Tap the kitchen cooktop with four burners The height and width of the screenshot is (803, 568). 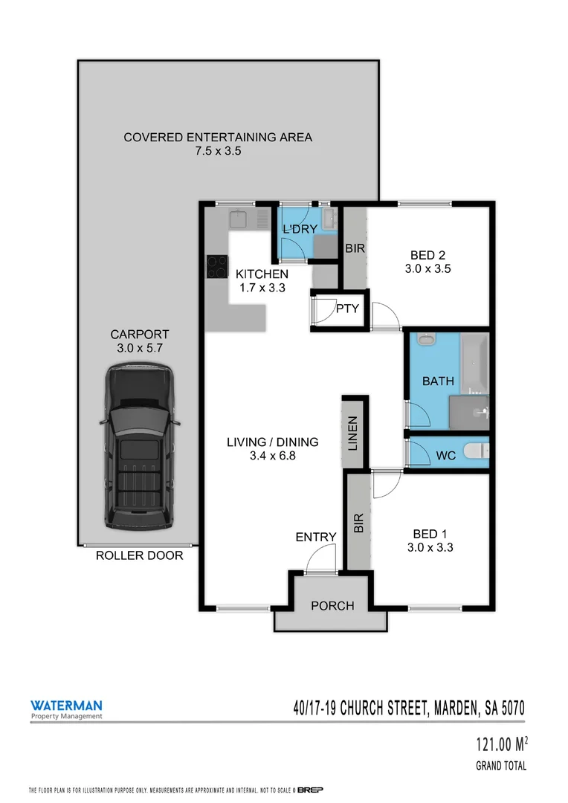(217, 266)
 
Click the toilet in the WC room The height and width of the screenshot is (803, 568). (474, 451)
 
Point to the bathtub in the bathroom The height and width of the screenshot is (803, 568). (474, 364)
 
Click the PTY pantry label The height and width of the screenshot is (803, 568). (347, 309)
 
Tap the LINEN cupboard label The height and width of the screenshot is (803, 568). (353, 435)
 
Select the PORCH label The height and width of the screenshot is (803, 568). (332, 606)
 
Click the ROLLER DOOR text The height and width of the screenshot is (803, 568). (139, 555)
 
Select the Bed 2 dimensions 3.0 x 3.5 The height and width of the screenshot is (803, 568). (427, 269)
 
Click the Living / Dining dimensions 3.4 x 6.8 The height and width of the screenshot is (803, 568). (272, 457)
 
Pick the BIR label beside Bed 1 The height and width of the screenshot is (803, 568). (359, 523)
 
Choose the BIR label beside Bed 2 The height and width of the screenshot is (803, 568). (355, 248)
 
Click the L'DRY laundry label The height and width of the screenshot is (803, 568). (301, 229)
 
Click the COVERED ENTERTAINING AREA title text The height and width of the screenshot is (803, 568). (218, 137)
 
